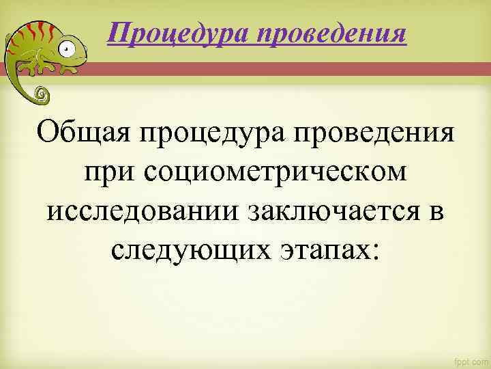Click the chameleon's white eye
point(65,49)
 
